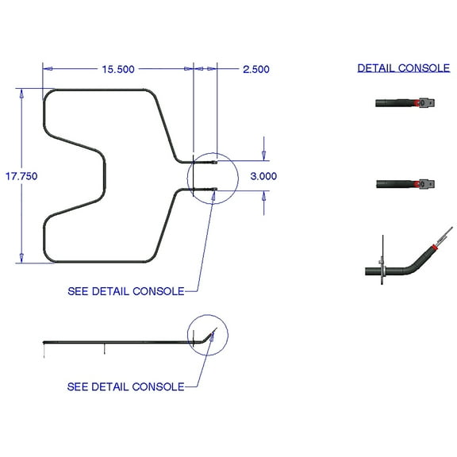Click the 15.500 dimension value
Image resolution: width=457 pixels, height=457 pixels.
(x=117, y=69)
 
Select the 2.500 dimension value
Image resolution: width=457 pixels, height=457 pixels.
(x=255, y=69)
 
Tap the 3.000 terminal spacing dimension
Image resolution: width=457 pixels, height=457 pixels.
(x=263, y=176)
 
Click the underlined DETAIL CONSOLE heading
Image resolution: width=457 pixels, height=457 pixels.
(x=403, y=68)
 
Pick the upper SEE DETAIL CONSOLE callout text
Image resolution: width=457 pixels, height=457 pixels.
(x=125, y=291)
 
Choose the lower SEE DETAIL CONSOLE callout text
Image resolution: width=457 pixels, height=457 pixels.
(x=125, y=386)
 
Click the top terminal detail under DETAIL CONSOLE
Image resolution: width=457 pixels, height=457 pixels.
(x=405, y=102)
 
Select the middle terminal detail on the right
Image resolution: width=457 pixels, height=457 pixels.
(x=405, y=183)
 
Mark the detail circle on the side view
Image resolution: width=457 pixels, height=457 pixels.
(x=207, y=336)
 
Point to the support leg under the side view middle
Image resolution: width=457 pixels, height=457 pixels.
(x=104, y=348)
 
